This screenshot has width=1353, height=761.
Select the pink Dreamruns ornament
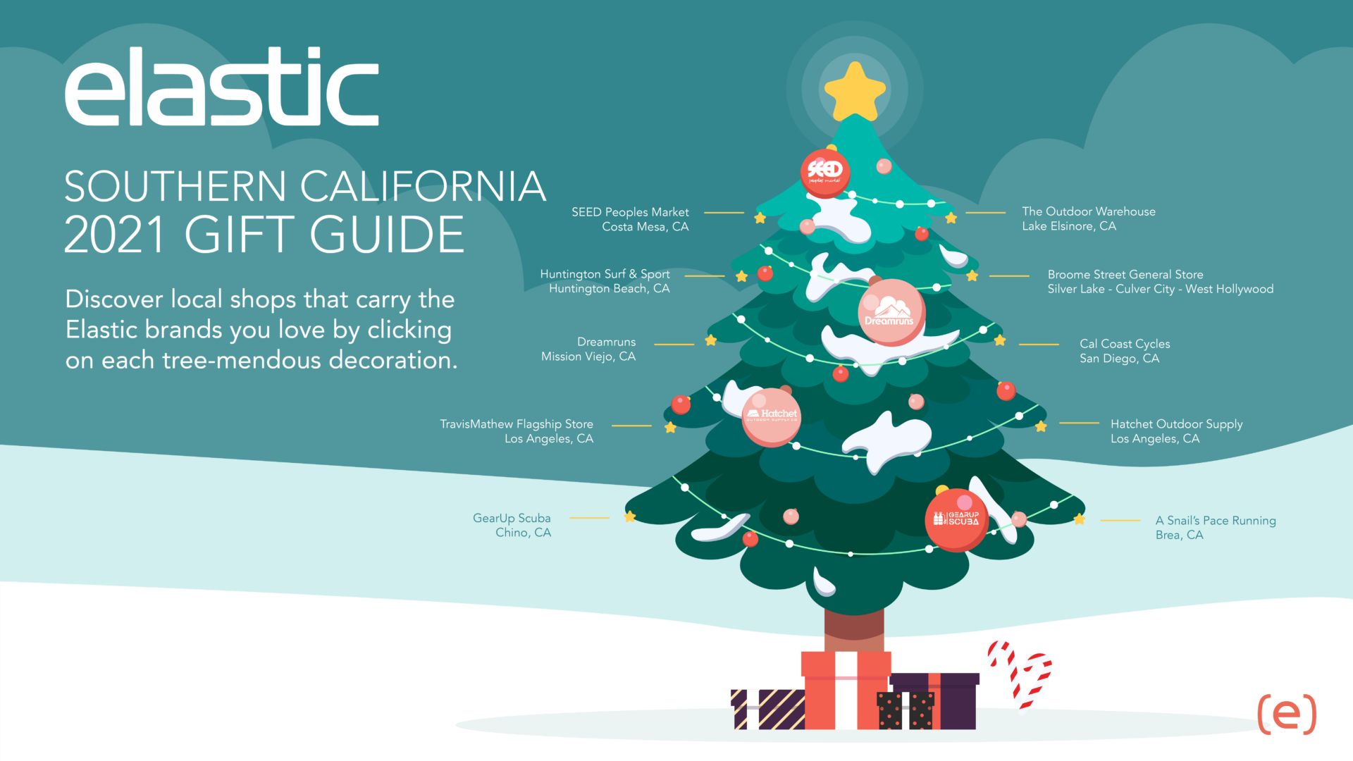(891, 312)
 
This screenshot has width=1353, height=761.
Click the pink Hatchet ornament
(772, 417)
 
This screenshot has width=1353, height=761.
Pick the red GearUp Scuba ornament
(956, 520)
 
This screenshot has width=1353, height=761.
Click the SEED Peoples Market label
(630, 219)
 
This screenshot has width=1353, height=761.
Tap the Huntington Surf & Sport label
(605, 281)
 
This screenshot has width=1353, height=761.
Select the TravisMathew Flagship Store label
(517, 431)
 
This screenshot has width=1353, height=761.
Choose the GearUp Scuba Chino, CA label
(512, 525)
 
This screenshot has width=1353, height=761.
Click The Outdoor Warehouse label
(1089, 218)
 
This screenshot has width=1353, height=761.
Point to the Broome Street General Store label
(1160, 282)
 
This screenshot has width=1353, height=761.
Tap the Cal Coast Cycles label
(1125, 351)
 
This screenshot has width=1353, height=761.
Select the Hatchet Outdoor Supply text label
(1177, 431)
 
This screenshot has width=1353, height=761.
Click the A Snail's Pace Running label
(1216, 527)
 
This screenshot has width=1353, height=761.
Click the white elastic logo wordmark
(222, 86)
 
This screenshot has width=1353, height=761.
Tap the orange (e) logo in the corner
(1287, 714)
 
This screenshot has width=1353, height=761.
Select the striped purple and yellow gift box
(768, 709)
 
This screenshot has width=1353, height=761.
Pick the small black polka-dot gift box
(906, 710)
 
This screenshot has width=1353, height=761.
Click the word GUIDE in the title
(387, 235)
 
